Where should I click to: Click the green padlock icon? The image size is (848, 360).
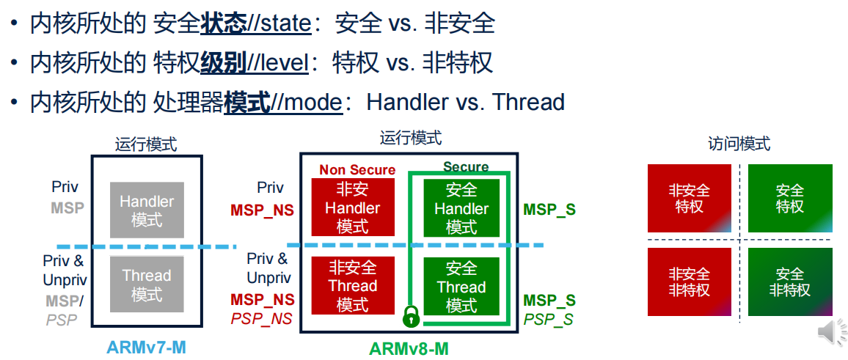[x=412, y=315]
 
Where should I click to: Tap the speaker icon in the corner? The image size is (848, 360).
[x=831, y=332]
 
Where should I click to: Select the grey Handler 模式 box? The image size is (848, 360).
[x=147, y=210]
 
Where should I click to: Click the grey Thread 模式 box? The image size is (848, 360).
[x=147, y=285]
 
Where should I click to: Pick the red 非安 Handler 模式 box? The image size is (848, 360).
[x=353, y=207]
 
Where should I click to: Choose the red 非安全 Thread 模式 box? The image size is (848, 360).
[x=353, y=286]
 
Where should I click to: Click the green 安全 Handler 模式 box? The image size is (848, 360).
[x=461, y=208]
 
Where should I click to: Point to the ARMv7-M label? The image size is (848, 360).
[x=146, y=347]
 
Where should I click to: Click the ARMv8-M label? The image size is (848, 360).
[x=408, y=348]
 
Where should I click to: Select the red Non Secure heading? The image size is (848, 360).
[x=357, y=170]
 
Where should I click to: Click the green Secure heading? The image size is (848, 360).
[x=466, y=167]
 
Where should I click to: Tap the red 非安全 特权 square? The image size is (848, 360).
[x=690, y=199]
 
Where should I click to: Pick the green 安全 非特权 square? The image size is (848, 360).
[x=790, y=282]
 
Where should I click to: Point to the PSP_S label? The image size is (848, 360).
[x=549, y=319]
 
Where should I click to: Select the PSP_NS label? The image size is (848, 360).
[x=262, y=318]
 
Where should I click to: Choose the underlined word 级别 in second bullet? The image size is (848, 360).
[x=223, y=63]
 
